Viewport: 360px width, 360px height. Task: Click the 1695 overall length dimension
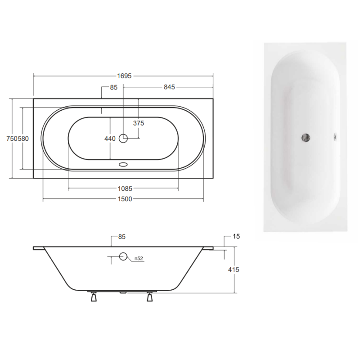click(124, 76)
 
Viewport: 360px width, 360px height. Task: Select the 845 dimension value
click(170, 87)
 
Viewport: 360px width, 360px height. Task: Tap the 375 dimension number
click(139, 123)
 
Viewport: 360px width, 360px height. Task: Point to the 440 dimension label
click(110, 139)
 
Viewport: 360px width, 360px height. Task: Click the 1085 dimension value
click(125, 189)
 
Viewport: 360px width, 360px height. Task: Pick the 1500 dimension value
click(125, 199)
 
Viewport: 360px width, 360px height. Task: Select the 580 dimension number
click(23, 139)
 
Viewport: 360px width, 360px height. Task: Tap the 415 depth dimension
click(234, 270)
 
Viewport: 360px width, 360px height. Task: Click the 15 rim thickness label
click(236, 236)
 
